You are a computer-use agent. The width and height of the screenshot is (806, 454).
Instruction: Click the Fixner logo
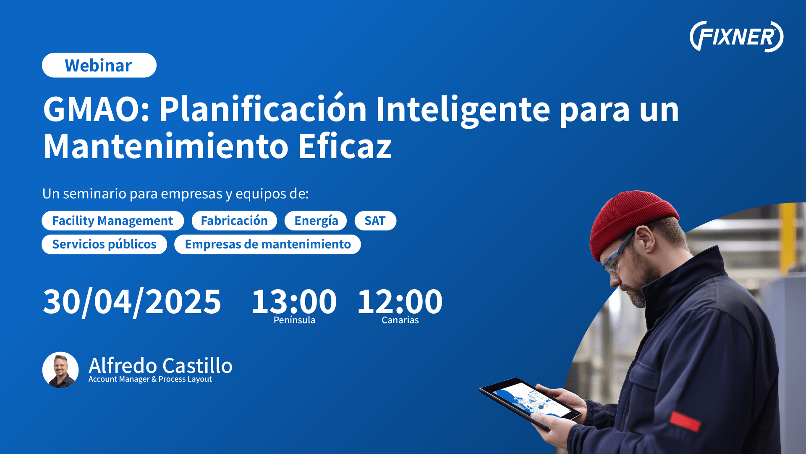pos(736,37)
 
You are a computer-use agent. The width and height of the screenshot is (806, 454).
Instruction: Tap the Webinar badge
pos(99,65)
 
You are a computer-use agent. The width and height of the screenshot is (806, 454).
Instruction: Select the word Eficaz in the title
pos(345,146)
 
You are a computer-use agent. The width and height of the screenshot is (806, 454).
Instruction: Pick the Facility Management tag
pos(113,221)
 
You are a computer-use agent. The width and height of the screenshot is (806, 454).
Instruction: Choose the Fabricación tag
pos(234,221)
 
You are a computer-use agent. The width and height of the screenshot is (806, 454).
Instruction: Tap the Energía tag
pos(316,221)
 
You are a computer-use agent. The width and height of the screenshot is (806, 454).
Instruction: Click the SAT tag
pos(375,221)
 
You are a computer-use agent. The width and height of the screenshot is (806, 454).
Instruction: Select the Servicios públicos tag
pos(104,244)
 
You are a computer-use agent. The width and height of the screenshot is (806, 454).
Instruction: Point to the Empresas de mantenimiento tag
pos(267,244)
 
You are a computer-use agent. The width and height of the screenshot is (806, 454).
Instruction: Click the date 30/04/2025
pos(132,302)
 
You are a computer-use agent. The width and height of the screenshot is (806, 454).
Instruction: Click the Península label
pos(294,320)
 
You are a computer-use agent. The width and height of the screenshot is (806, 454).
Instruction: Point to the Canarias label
pos(400,320)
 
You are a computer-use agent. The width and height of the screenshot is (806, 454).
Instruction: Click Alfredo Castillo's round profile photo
pos(60,370)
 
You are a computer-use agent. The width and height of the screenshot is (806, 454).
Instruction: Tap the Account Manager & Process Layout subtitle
pos(150,379)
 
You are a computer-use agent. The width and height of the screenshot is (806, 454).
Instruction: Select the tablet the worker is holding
pos(530,403)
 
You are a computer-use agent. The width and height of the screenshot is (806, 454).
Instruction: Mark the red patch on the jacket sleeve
pos(685,422)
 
